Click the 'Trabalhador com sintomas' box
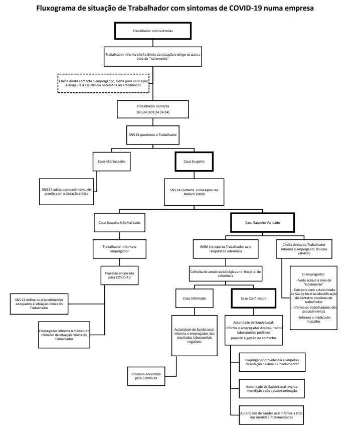tap(152, 31)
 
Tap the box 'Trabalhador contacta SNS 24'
tap(152, 109)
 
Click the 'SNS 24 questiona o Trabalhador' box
tap(152, 135)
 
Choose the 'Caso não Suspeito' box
tap(111, 163)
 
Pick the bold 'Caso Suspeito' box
tap(194, 163)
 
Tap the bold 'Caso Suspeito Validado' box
tap(262, 222)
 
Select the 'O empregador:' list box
tap(313, 301)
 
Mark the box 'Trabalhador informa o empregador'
tap(119, 248)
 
